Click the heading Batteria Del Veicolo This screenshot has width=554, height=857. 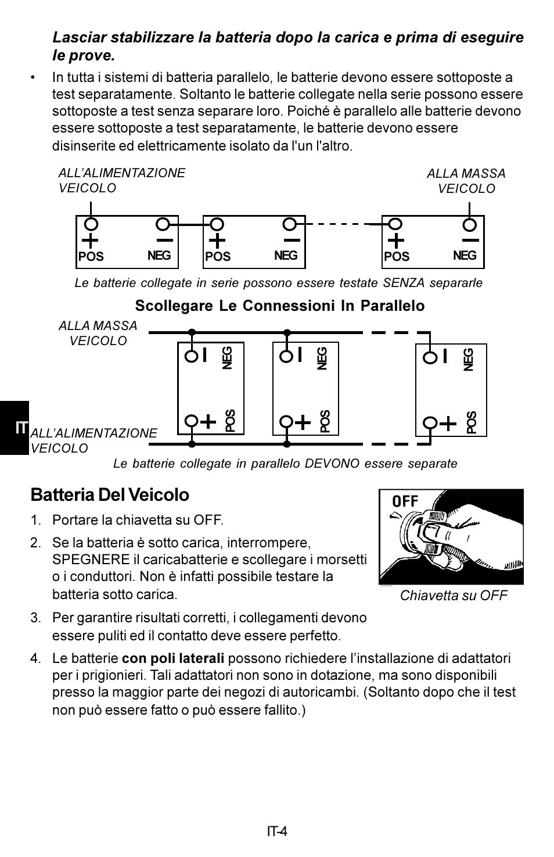(110, 494)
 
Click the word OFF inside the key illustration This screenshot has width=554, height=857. (405, 501)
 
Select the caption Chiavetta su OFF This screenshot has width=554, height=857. (454, 596)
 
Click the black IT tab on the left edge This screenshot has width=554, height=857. (15, 428)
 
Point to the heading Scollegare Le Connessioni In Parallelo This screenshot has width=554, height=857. (280, 306)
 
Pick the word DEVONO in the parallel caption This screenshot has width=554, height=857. (332, 464)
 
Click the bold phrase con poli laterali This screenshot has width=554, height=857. (173, 658)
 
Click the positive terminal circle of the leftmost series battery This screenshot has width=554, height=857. (91, 224)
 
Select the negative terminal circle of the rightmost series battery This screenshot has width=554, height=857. (469, 225)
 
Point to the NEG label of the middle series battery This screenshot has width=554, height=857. (286, 256)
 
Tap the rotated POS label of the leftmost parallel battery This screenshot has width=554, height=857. (230, 421)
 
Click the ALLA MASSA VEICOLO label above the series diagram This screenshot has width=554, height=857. (466, 181)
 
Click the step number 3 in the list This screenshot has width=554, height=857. (35, 618)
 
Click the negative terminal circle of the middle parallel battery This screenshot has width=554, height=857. (286, 357)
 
